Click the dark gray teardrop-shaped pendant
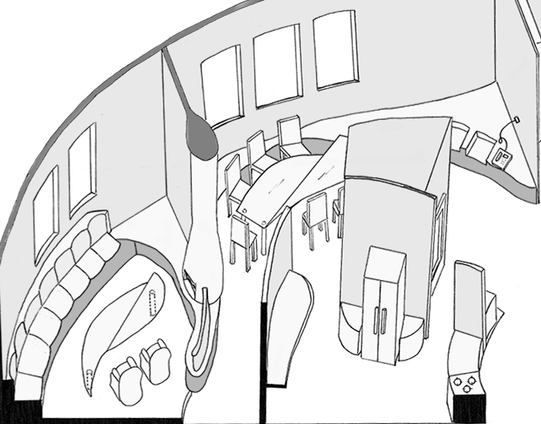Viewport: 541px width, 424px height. tap(203, 138)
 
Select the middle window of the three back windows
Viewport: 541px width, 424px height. tap(277, 64)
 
